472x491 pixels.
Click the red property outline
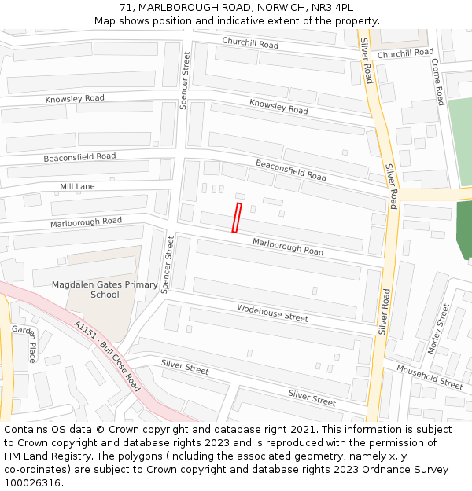(237, 218)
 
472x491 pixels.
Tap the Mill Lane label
(77, 187)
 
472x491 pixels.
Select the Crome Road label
(438, 80)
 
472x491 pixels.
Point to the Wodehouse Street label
(272, 313)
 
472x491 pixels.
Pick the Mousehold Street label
(430, 377)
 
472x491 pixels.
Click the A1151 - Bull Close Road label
(108, 356)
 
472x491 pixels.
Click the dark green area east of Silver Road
(464, 229)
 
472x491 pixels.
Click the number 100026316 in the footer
(32, 483)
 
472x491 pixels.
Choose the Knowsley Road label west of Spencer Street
(75, 99)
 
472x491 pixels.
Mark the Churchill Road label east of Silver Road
(405, 53)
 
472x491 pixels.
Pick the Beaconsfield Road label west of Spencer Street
(79, 157)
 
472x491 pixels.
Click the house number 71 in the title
(127, 7)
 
